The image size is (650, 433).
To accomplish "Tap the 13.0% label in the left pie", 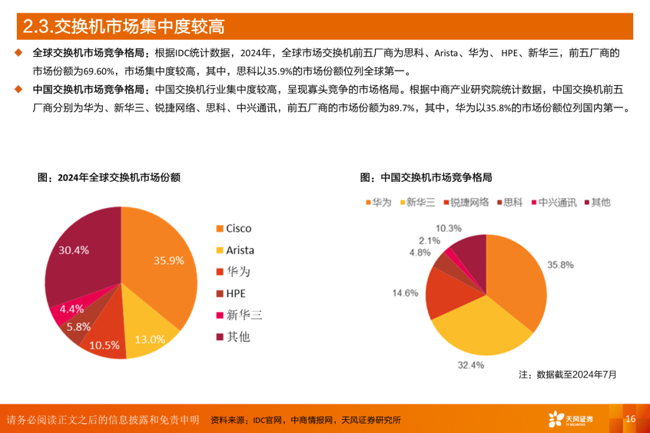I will click(x=150, y=339).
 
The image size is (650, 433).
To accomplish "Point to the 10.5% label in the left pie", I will click(x=104, y=345).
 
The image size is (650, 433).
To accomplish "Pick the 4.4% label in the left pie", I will click(x=71, y=309).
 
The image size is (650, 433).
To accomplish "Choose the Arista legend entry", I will click(x=235, y=250).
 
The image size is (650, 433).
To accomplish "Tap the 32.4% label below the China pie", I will click(x=469, y=364).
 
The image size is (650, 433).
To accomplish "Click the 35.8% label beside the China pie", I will click(x=560, y=265).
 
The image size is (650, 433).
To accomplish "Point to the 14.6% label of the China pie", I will click(x=405, y=293).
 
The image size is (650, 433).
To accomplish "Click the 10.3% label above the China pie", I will click(x=448, y=228).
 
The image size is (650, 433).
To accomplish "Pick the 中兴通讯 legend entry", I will click(x=552, y=202).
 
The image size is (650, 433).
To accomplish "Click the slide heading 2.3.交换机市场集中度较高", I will click(x=123, y=27).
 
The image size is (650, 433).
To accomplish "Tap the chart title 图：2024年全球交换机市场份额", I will click(x=109, y=178).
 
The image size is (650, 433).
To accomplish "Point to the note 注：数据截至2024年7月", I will click(x=568, y=375).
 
